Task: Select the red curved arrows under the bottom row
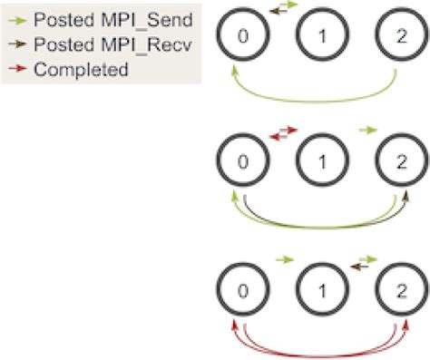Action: [318, 345]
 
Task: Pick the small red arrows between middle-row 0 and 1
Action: [283, 135]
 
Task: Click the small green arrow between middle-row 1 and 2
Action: [366, 131]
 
